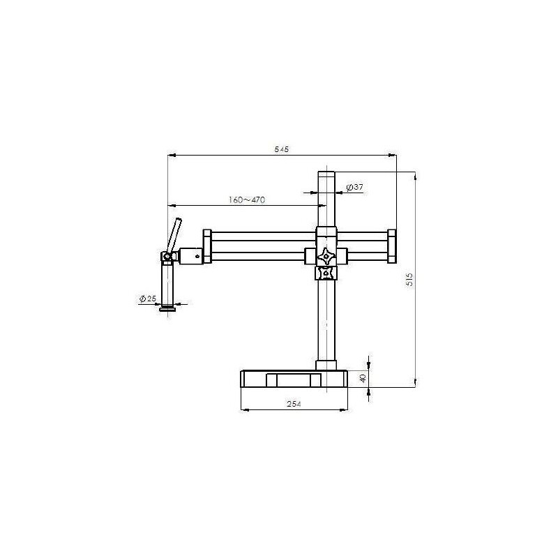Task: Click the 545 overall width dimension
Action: pyautogui.click(x=282, y=150)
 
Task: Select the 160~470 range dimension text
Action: pyautogui.click(x=247, y=200)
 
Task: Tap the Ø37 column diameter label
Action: pyautogui.click(x=355, y=188)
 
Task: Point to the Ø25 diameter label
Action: pyautogui.click(x=147, y=299)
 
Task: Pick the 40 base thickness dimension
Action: pyautogui.click(x=362, y=377)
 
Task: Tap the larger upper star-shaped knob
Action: pyautogui.click(x=326, y=256)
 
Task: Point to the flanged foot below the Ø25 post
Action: pyautogui.click(x=167, y=308)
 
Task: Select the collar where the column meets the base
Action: pyautogui.click(x=326, y=365)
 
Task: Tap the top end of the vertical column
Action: pyautogui.click(x=326, y=174)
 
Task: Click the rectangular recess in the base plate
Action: pyautogui.click(x=293, y=380)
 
